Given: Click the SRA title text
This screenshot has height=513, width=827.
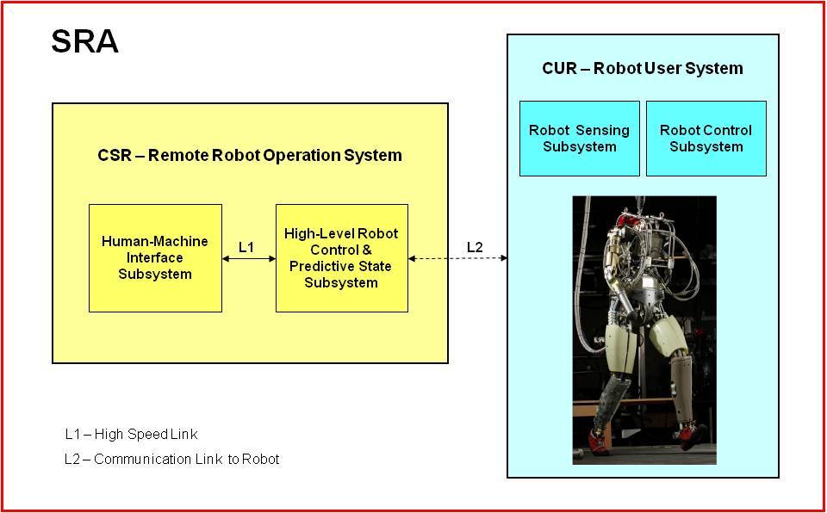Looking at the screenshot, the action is click(85, 42).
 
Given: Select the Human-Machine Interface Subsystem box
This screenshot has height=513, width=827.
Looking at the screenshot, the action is click(155, 258).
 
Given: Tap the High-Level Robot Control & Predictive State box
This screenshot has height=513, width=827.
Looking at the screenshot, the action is click(342, 258).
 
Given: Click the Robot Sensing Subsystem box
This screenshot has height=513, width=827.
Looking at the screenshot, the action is click(579, 138).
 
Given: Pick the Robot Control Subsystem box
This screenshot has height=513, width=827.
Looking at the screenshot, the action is click(706, 138).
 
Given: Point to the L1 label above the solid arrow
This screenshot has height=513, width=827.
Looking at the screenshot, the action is click(246, 247).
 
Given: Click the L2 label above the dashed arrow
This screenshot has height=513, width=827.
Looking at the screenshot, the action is click(475, 247).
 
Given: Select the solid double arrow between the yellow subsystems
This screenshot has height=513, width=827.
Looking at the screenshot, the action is click(249, 258).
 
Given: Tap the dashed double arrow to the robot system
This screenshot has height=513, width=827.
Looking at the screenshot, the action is click(457, 258).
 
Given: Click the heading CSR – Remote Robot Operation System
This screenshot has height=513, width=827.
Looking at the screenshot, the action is click(250, 156).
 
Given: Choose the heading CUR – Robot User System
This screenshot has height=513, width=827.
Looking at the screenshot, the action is click(643, 69).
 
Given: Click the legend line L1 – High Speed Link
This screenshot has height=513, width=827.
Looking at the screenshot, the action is click(131, 435).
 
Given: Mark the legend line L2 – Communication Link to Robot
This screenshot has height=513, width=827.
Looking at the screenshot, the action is click(172, 459).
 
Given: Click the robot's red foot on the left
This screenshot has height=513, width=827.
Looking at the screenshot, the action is click(602, 442).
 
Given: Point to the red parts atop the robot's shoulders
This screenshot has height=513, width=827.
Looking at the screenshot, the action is click(631, 218).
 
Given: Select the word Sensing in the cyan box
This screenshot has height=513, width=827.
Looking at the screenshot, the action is click(603, 130).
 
